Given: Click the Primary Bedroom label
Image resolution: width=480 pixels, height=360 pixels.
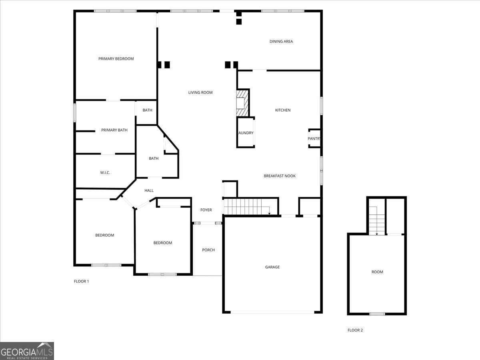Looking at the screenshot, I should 116,59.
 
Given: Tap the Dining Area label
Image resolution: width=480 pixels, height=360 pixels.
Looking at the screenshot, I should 281,41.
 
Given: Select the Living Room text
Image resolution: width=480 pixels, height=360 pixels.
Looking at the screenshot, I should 200,92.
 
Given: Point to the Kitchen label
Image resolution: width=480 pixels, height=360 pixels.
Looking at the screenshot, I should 283,110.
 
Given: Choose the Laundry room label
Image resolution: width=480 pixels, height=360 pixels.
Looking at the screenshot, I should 246,133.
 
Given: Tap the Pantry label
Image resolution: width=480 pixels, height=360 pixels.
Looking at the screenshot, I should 314,139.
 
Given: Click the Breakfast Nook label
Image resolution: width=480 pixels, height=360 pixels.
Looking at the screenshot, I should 280,176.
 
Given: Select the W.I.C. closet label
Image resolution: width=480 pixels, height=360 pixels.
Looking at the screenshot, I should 105,172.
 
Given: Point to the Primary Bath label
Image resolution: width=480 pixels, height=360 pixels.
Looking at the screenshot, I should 114,130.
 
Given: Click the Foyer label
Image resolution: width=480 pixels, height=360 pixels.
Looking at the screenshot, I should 206,210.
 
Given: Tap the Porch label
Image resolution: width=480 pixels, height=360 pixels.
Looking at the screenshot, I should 208,250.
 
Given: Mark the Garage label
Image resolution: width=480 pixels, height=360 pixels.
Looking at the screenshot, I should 272,267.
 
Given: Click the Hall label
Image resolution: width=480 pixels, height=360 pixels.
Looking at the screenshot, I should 149,190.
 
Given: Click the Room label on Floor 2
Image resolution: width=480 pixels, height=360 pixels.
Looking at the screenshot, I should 377,272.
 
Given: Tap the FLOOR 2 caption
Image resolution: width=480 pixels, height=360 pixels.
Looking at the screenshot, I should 355,330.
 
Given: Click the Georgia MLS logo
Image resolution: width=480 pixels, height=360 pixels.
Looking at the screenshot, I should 27,351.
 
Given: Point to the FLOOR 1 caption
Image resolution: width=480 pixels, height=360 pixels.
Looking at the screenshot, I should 82,281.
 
